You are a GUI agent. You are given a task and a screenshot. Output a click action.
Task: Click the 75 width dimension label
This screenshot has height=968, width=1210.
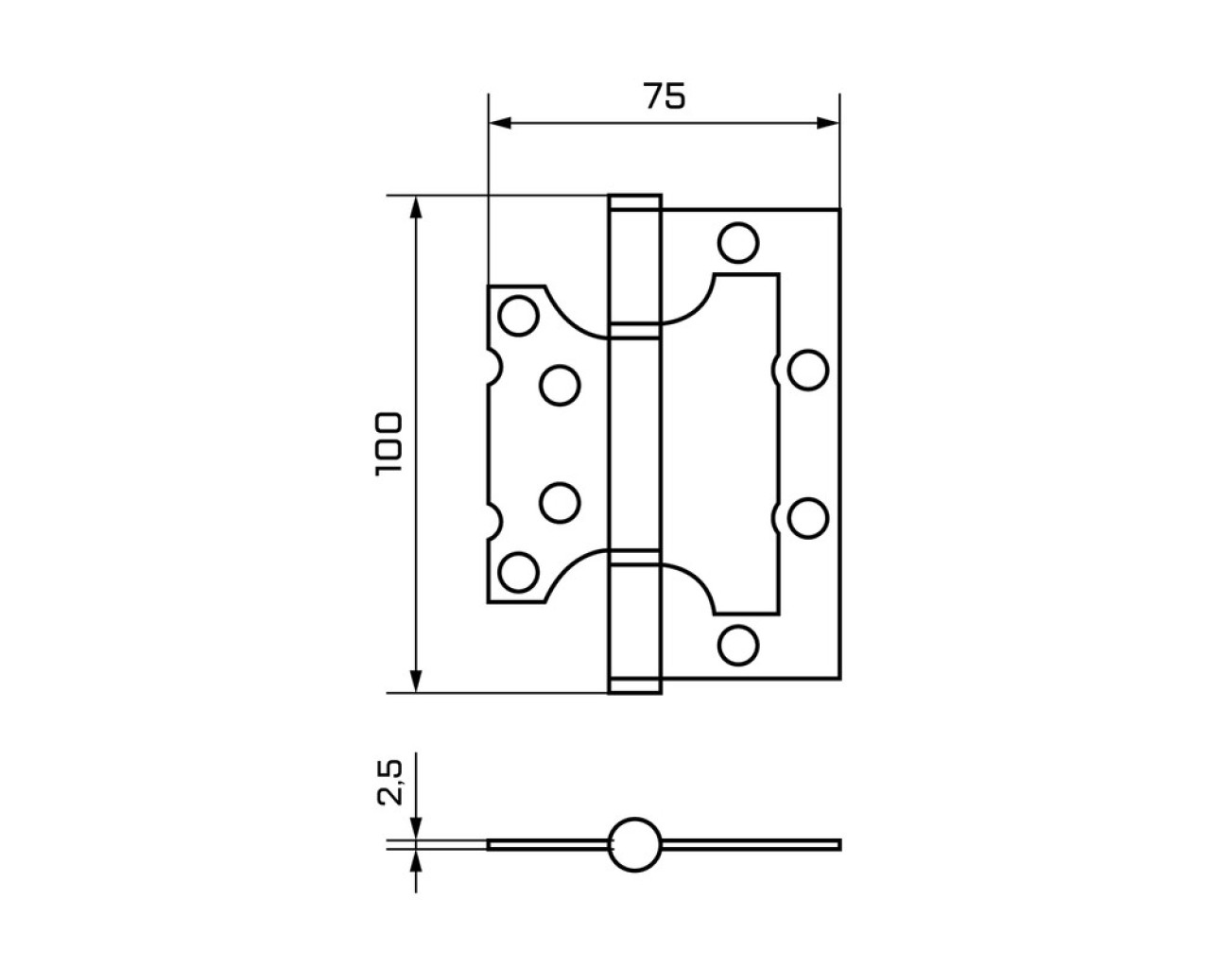tap(665, 95)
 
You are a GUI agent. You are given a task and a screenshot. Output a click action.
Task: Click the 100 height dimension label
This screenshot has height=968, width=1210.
tap(389, 444)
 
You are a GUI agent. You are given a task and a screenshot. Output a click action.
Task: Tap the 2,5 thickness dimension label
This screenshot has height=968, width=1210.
tap(389, 783)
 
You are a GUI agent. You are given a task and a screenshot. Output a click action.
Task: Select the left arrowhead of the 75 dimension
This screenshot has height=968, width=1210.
tap(500, 123)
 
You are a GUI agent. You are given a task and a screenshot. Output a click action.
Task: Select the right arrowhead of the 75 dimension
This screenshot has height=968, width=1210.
tap(828, 123)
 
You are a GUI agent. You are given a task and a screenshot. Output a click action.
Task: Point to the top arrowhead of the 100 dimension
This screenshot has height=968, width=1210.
tap(416, 207)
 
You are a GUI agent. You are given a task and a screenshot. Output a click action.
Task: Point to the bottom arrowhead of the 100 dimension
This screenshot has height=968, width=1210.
tap(416, 682)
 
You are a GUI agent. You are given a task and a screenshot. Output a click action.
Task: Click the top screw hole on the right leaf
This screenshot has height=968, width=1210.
tap(738, 243)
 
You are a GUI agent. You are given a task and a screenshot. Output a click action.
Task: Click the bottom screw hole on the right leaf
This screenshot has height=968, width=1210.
tap(738, 645)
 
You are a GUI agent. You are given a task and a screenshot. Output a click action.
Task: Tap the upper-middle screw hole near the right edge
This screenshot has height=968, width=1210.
tap(808, 371)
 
